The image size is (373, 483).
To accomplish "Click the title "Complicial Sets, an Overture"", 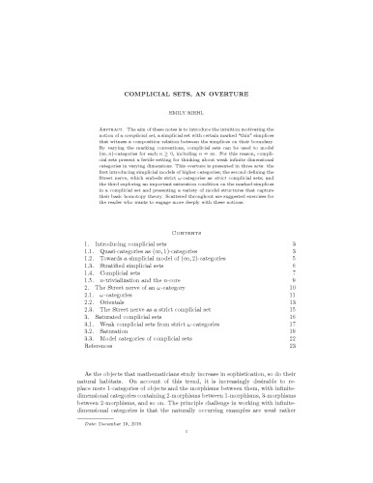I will [x=186, y=97].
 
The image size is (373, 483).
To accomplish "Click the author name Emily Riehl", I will [x=186, y=115].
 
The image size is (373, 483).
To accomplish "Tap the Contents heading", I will [x=186, y=232].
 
